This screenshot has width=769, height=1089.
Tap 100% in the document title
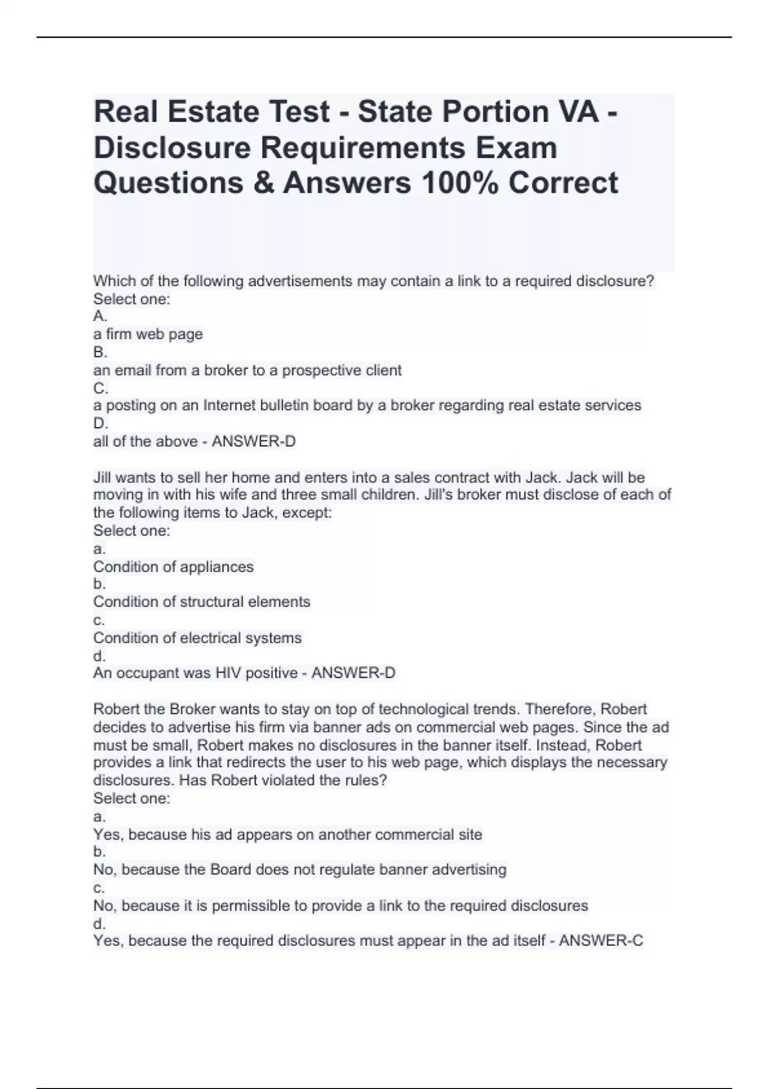pos(459,183)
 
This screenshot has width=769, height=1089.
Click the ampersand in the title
pos(263,183)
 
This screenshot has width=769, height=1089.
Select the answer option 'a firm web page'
pos(148,334)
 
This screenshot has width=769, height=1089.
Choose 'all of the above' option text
pos(145,441)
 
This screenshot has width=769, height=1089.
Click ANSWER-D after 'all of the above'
pos(254,441)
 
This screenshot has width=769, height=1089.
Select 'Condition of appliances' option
pos(173,567)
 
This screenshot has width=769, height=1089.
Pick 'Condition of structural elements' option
pos(201,602)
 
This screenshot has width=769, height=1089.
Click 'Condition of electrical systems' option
pos(197,638)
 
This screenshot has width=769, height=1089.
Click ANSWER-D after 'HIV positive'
pos(353,673)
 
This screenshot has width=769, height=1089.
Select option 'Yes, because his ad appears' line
pos(287,835)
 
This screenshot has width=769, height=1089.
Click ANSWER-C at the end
pos(601,941)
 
